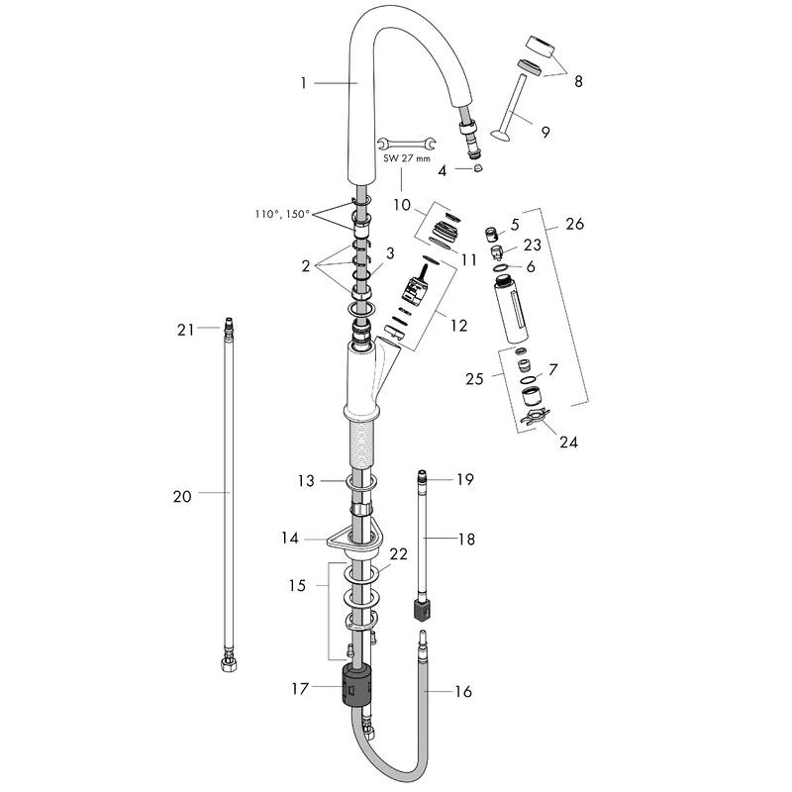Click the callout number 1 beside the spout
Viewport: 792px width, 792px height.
coord(304,84)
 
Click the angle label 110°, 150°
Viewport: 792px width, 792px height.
coord(282,213)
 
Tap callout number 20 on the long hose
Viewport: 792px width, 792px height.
coord(181,497)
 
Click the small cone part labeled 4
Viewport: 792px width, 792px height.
coord(477,169)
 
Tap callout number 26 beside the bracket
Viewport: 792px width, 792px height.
coord(574,224)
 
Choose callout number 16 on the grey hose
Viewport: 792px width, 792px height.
coord(463,692)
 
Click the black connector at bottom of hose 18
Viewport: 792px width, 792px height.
coord(420,606)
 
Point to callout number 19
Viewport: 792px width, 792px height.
coord(465,479)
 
